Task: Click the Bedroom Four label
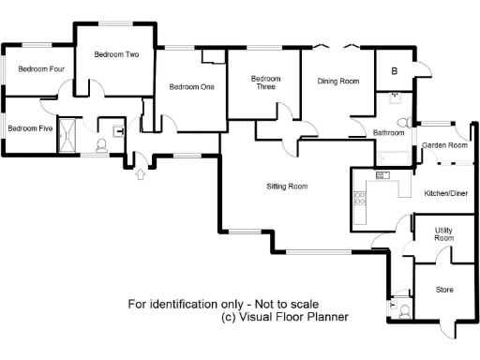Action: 41,68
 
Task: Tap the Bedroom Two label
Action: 117,55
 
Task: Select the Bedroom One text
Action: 192,87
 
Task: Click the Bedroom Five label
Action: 30,128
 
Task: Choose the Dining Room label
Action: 337,82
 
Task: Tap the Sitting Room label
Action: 287,187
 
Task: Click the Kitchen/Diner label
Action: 446,193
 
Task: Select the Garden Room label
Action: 444,145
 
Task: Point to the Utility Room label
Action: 443,234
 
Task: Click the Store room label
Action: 444,290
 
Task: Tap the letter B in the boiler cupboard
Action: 395,72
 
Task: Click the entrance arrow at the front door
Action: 141,172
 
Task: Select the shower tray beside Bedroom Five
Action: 68,138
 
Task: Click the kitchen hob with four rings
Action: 358,198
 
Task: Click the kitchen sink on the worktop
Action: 382,175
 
